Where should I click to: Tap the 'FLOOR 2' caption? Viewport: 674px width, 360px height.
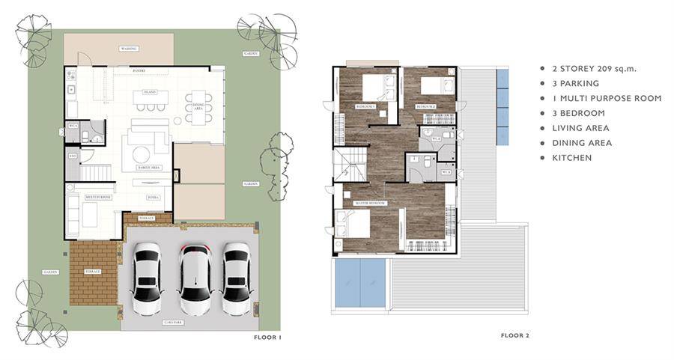click(x=515, y=335)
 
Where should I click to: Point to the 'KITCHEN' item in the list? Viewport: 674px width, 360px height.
click(x=571, y=158)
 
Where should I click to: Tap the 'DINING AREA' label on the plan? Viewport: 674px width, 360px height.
click(x=198, y=106)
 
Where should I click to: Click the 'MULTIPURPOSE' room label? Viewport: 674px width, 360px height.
click(x=97, y=197)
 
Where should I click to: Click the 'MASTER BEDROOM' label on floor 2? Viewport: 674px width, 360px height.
click(x=370, y=204)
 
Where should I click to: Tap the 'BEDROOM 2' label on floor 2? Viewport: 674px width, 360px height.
click(x=426, y=107)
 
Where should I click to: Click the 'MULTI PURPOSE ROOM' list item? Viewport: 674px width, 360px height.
click(x=606, y=98)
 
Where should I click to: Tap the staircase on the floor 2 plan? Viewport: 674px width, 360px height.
click(x=350, y=165)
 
